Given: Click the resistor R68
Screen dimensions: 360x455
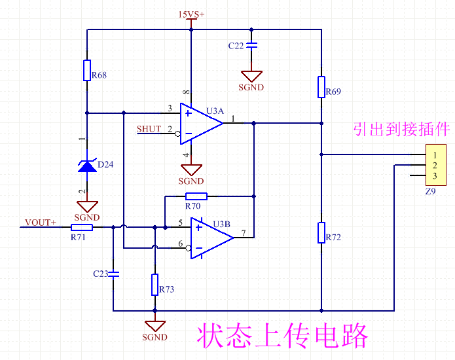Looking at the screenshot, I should (x=86, y=70).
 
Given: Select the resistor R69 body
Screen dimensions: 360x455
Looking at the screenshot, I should (x=321, y=86).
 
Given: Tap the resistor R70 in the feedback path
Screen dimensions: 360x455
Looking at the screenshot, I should (x=196, y=196).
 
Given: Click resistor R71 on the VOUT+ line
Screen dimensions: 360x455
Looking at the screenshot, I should (x=82, y=227).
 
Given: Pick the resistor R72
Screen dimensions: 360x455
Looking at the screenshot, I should (x=321, y=232).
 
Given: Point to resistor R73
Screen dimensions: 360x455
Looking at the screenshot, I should (x=155, y=284).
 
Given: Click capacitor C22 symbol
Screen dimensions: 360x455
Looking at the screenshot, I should (x=251, y=45).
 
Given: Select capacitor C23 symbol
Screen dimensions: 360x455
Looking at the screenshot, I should (x=113, y=272).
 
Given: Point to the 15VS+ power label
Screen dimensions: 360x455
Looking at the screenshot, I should (x=191, y=14).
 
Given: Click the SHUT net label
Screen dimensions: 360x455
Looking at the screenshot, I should (x=149, y=129).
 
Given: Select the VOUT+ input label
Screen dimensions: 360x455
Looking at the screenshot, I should (x=40, y=223).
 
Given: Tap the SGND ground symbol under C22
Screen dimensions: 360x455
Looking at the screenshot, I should (x=251, y=77).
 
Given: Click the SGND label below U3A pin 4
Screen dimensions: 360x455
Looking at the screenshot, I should (x=191, y=181).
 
